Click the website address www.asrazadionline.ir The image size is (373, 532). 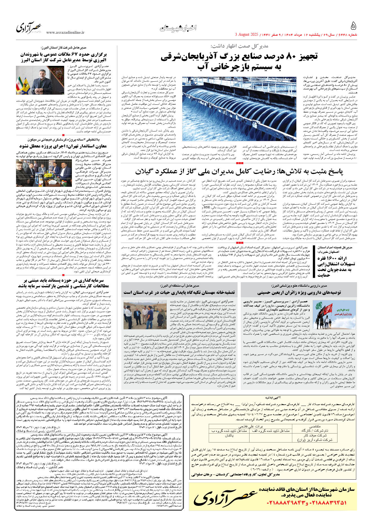65,33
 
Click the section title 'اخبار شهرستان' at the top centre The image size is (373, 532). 178,28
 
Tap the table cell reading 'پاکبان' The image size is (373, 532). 229,435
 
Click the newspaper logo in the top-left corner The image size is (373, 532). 29,28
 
